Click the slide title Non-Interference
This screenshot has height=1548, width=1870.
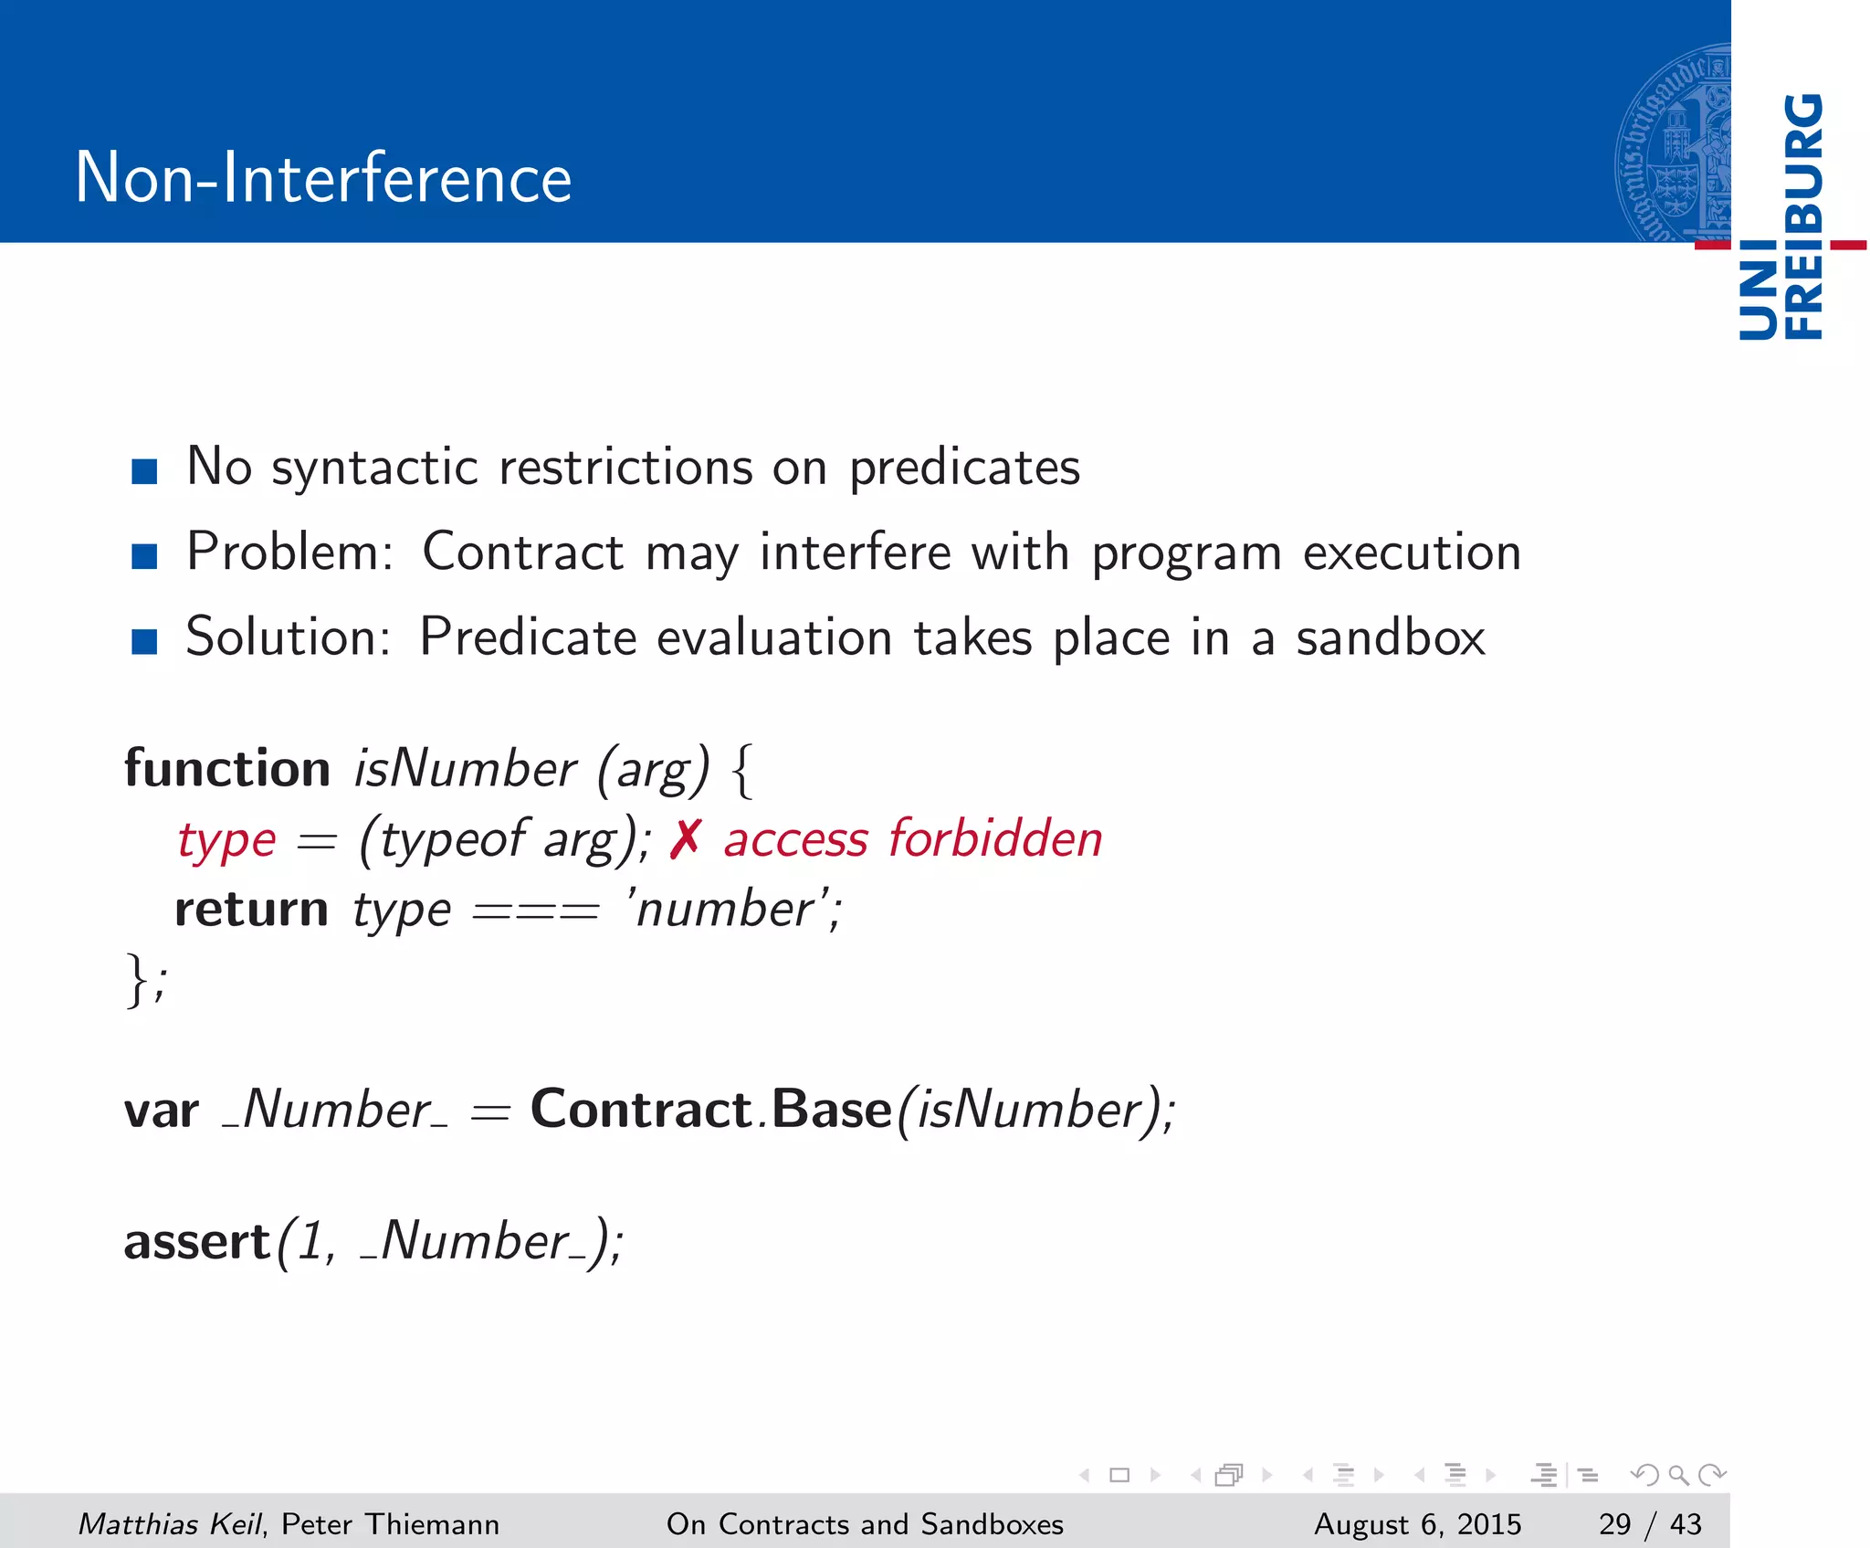pyautogui.click(x=323, y=177)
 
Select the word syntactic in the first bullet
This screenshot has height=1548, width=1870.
pyautogui.click(x=374, y=469)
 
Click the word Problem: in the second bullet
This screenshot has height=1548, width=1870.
pyautogui.click(x=289, y=553)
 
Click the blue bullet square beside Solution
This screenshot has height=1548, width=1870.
pyautogui.click(x=144, y=641)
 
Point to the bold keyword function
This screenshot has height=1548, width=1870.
pyautogui.click(x=227, y=768)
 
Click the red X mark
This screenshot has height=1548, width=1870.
pyautogui.click(x=685, y=839)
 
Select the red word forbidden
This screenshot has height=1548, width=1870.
pyautogui.click(x=995, y=838)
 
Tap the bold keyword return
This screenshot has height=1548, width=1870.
pyautogui.click(x=251, y=910)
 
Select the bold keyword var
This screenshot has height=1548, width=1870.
pyautogui.click(x=161, y=1111)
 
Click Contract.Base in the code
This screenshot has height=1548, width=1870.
pyautogui.click(x=710, y=1110)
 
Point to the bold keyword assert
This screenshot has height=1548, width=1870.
pyautogui.click(x=197, y=1243)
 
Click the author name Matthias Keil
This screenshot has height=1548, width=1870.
pyautogui.click(x=170, y=1523)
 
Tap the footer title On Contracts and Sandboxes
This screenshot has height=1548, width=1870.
pyautogui.click(x=865, y=1523)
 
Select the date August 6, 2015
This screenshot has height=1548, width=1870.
pyautogui.click(x=1417, y=1523)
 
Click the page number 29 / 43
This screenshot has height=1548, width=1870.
pyautogui.click(x=1650, y=1523)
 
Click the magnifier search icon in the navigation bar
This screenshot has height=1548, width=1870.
pyautogui.click(x=1677, y=1475)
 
